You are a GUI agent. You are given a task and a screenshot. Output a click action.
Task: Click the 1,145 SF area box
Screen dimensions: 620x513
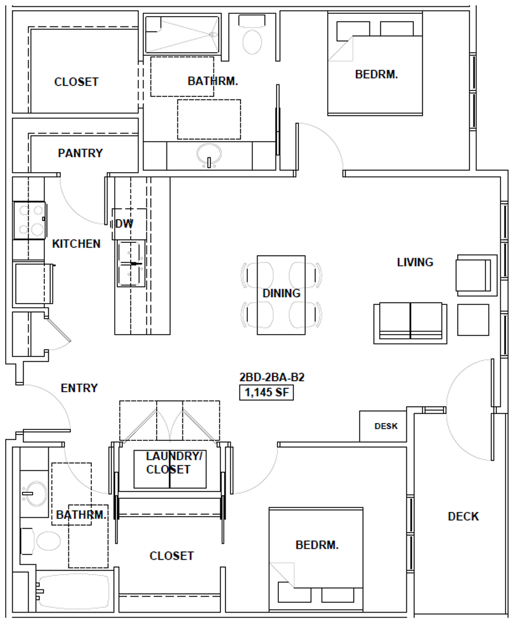pos(266,393)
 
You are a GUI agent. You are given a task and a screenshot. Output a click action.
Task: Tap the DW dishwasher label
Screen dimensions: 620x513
pos(124,224)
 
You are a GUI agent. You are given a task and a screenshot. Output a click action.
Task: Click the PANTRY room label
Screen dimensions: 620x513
pos(80,153)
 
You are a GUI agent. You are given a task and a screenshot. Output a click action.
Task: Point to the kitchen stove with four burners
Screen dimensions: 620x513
pos(29,220)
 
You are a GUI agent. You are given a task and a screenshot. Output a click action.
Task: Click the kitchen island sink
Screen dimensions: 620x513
pos(130,263)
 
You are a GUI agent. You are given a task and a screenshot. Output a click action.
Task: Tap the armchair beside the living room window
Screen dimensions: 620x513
pos(475,276)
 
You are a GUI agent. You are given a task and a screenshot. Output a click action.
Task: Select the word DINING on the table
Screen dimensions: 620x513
pos(281,293)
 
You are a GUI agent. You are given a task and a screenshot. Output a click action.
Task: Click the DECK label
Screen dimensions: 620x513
pos(463,517)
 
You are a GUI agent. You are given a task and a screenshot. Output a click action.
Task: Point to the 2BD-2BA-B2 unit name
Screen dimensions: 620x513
pos(271,378)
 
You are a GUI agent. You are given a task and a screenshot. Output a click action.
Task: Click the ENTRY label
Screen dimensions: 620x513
pos(79,388)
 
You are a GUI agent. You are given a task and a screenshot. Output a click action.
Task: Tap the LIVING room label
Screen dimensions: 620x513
pos(415,262)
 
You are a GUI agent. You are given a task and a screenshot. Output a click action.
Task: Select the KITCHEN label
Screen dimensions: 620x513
pos(76,244)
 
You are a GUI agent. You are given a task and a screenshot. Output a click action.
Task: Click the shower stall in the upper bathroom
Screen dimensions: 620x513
pos(182,34)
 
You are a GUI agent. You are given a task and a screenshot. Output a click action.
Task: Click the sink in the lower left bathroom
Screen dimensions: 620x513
pos(34,494)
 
